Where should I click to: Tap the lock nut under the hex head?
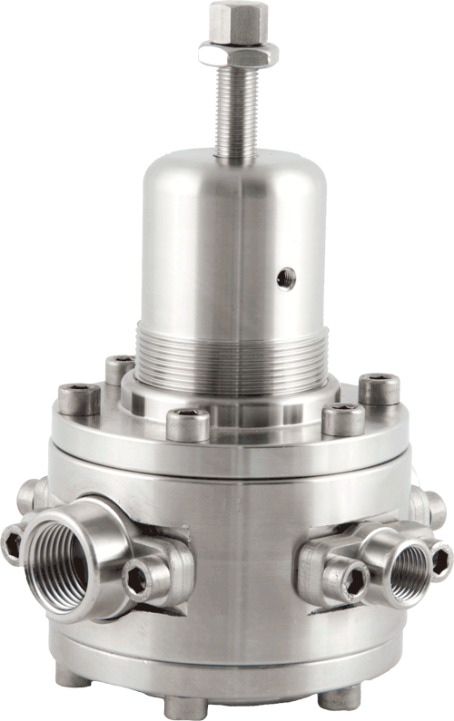point(237,55)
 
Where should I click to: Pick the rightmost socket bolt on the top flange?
point(379,388)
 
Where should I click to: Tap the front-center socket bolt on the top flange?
point(188,423)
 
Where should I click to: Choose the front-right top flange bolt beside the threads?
point(343,418)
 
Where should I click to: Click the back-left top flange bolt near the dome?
point(120,368)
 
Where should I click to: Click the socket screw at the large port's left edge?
point(12,543)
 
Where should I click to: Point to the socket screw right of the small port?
point(439,558)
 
